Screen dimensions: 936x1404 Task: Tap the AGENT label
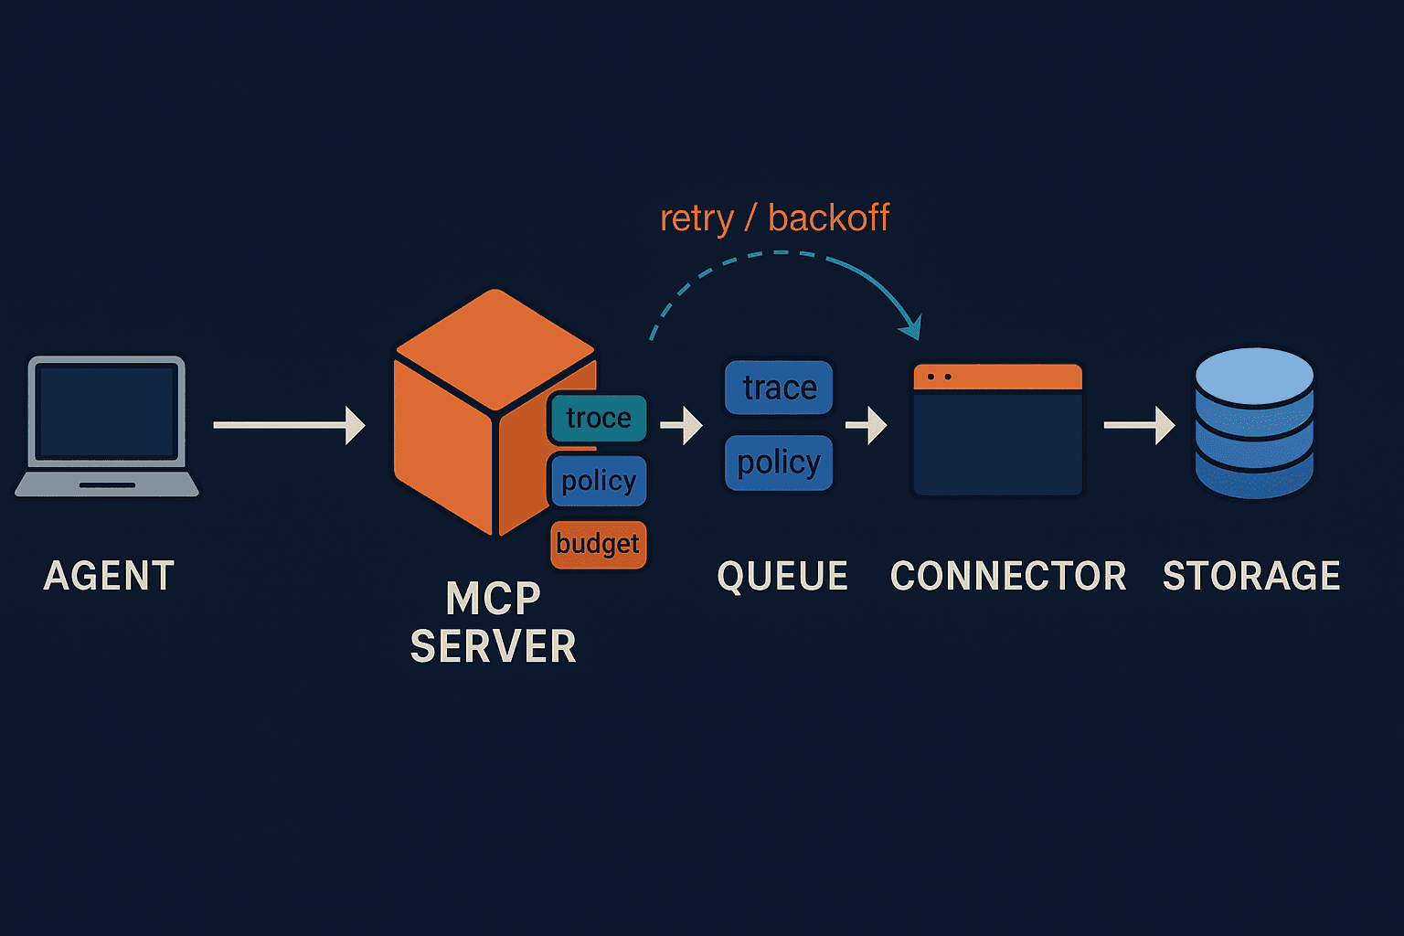(109, 576)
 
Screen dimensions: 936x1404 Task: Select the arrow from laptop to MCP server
(288, 425)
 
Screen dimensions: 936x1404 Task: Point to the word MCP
(494, 600)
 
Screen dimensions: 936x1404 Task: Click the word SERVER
(494, 647)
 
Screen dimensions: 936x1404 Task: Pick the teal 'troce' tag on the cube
(599, 418)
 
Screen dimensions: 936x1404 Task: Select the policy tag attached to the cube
(599, 481)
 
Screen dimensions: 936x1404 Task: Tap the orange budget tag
(599, 544)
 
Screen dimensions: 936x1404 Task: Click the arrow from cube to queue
(681, 425)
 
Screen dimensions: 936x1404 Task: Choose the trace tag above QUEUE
(779, 388)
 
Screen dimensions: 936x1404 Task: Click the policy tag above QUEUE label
(779, 463)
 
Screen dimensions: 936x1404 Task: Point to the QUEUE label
(782, 576)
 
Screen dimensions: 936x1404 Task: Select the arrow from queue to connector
(866, 425)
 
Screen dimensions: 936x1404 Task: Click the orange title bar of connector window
(998, 377)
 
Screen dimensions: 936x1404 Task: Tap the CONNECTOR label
(1008, 576)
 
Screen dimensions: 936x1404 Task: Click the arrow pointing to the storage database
(1139, 425)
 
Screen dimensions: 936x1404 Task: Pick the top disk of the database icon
(1254, 375)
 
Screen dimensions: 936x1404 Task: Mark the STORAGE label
(1251, 576)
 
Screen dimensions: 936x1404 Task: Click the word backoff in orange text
(828, 218)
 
